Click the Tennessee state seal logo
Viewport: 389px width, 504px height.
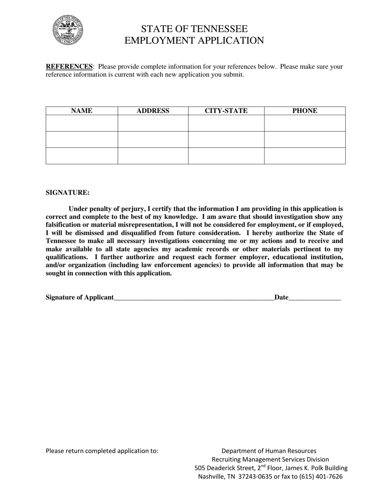pos(68,30)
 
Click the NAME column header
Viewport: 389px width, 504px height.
pos(82,111)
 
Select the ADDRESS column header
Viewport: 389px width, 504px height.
pos(153,111)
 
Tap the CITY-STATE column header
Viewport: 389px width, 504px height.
pos(226,111)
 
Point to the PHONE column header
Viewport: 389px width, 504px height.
pos(305,111)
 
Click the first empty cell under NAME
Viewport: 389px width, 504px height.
pos(82,123)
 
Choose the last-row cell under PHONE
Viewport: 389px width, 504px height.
pos(305,156)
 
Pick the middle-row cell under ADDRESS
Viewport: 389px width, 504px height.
pos(153,139)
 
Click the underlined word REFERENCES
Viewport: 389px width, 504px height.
pos(69,66)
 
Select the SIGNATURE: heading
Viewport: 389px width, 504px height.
pos(68,193)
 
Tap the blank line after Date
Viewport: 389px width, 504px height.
pos(314,297)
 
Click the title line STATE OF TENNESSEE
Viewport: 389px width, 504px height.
pos(194,29)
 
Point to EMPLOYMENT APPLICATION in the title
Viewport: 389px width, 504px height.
pos(194,40)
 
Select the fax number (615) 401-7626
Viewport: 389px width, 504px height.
pos(321,477)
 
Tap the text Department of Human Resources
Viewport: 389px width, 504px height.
pos(269,451)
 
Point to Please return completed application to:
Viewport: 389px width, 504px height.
pos(102,451)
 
